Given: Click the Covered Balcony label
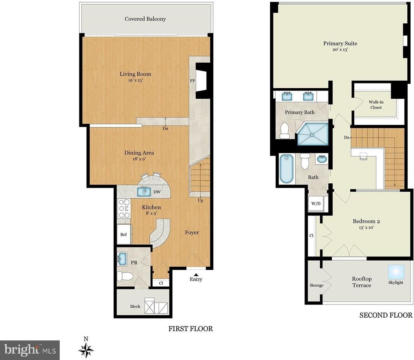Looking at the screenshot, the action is pos(145,19).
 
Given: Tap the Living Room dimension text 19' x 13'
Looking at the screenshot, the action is pos(135,80).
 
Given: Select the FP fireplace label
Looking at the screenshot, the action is pos(192,81).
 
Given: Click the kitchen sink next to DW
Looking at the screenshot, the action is pos(144,191).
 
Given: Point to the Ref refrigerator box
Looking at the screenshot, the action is pos(124,234).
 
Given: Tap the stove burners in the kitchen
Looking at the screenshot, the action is pos(124,208).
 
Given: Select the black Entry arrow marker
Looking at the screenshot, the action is pos(196,274).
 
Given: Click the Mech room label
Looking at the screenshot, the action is pos(135,306).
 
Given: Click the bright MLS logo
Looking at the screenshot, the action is pos(30,350).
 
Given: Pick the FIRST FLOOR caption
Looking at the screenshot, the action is pos(190,328).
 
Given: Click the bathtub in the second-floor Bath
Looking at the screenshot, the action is pos(286,169).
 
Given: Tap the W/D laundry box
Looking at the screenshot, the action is pos(316,204).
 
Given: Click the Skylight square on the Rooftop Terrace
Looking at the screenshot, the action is pos(396,272).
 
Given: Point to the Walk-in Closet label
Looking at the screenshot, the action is pos(376,105).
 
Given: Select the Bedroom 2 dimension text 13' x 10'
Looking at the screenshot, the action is pos(366,227).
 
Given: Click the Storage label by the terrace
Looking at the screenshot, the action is pos(316,285).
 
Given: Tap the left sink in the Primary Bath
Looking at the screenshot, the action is pos(287,96).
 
